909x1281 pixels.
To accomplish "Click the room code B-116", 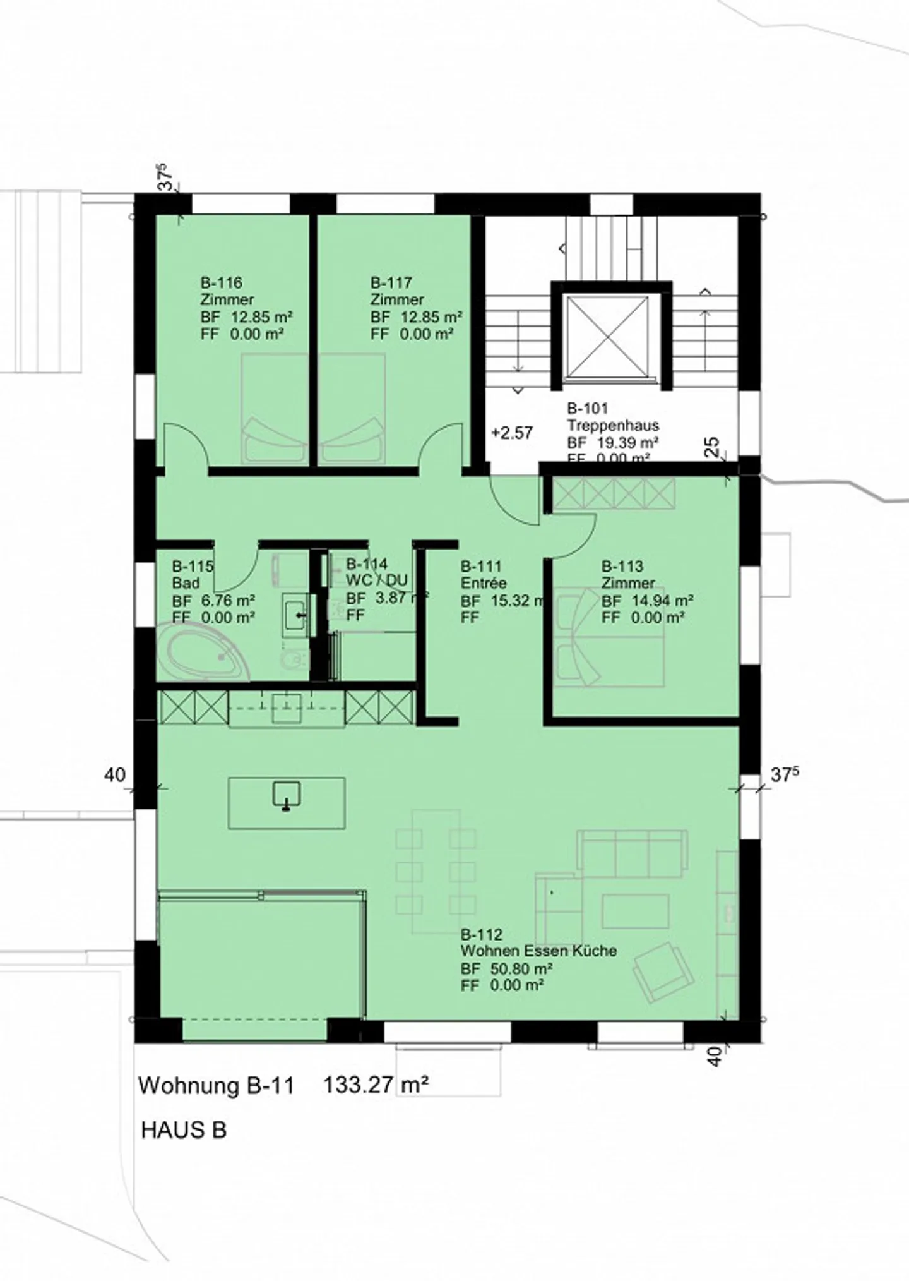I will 221,282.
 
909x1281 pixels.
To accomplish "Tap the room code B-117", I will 391,282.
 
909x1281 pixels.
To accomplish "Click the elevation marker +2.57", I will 512,433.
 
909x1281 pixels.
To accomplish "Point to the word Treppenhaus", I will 612,425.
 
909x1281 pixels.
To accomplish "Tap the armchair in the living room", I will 663,971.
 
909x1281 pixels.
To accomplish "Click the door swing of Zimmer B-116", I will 185,445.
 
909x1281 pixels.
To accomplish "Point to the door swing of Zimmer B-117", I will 441,445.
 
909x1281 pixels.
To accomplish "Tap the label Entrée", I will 483,583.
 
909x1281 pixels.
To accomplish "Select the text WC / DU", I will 377,580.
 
